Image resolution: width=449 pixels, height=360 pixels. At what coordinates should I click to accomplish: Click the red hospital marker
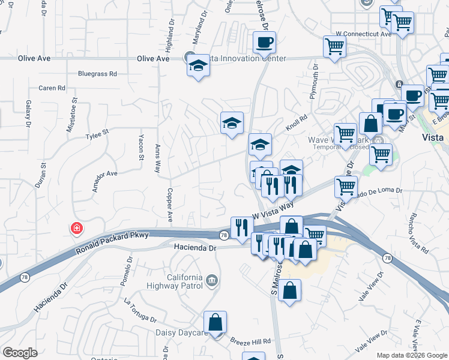pyautogui.click(x=76, y=229)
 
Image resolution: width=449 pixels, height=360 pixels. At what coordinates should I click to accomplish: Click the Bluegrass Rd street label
pyautogui.click(x=97, y=74)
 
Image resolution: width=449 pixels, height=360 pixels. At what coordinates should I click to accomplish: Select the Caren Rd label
pyautogui.click(x=52, y=88)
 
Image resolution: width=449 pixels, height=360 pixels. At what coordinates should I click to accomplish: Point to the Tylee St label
pyautogui.click(x=97, y=131)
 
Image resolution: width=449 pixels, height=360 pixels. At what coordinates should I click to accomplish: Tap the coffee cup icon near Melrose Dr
pyautogui.click(x=264, y=43)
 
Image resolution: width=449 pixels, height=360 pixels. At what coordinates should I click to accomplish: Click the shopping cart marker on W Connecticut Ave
pyautogui.click(x=334, y=46)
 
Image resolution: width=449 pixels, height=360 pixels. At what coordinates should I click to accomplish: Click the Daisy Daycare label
pyautogui.click(x=181, y=332)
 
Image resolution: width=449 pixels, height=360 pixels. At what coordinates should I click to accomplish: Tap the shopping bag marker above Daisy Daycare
pyautogui.click(x=215, y=322)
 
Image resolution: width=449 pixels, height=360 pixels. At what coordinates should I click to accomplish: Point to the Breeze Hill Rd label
pyautogui.click(x=250, y=340)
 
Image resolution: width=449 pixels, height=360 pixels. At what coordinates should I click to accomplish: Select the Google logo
pyautogui.click(x=20, y=353)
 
